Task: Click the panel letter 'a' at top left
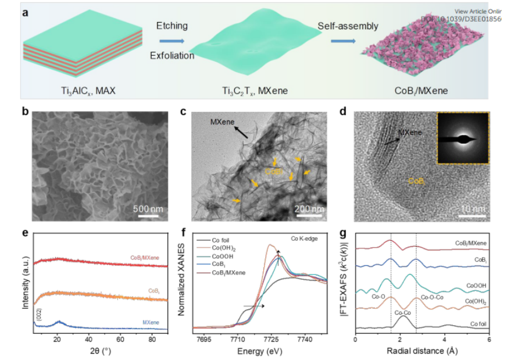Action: click(26, 10)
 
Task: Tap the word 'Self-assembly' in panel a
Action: click(348, 26)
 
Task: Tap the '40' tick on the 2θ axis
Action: click(88, 338)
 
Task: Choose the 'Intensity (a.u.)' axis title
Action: click(26, 280)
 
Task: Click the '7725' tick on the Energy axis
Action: click(270, 338)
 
